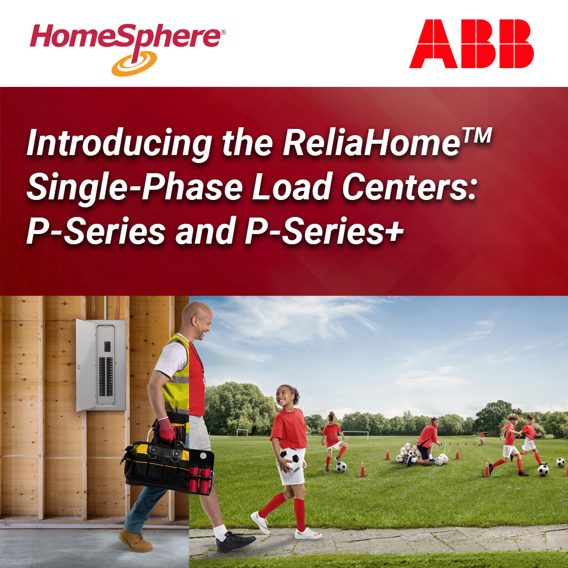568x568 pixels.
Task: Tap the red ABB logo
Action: tap(471, 44)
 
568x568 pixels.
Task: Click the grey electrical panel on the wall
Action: tap(101, 365)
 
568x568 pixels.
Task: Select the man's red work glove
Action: tap(166, 430)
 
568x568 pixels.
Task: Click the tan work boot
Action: tap(135, 540)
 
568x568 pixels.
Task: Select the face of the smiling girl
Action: tap(284, 396)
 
